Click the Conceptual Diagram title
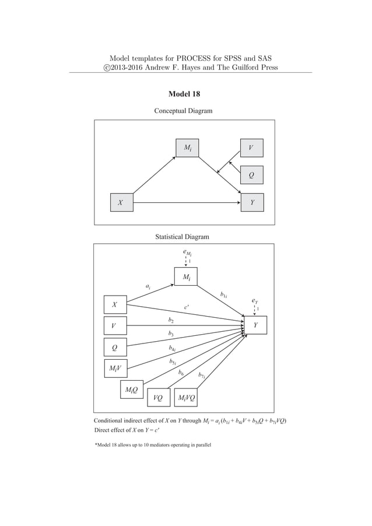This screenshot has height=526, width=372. [183, 111]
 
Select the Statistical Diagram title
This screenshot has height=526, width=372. [182, 237]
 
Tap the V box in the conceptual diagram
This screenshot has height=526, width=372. [251, 148]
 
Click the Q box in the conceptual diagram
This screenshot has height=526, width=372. [251, 174]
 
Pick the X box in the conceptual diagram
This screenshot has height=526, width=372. [121, 203]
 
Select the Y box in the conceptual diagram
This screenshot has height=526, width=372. [251, 203]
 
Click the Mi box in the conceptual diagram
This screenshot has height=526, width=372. [188, 148]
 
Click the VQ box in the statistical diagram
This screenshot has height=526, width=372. [158, 398]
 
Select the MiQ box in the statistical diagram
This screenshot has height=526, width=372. [131, 389]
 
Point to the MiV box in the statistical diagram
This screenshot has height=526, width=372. [115, 369]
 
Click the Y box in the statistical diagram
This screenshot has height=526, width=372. [255, 325]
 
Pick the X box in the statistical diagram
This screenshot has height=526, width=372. [115, 304]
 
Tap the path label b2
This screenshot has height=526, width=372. [170, 320]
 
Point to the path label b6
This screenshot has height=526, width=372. [181, 371]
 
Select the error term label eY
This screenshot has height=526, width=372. [254, 301]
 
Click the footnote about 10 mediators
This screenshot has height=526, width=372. [153, 445]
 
